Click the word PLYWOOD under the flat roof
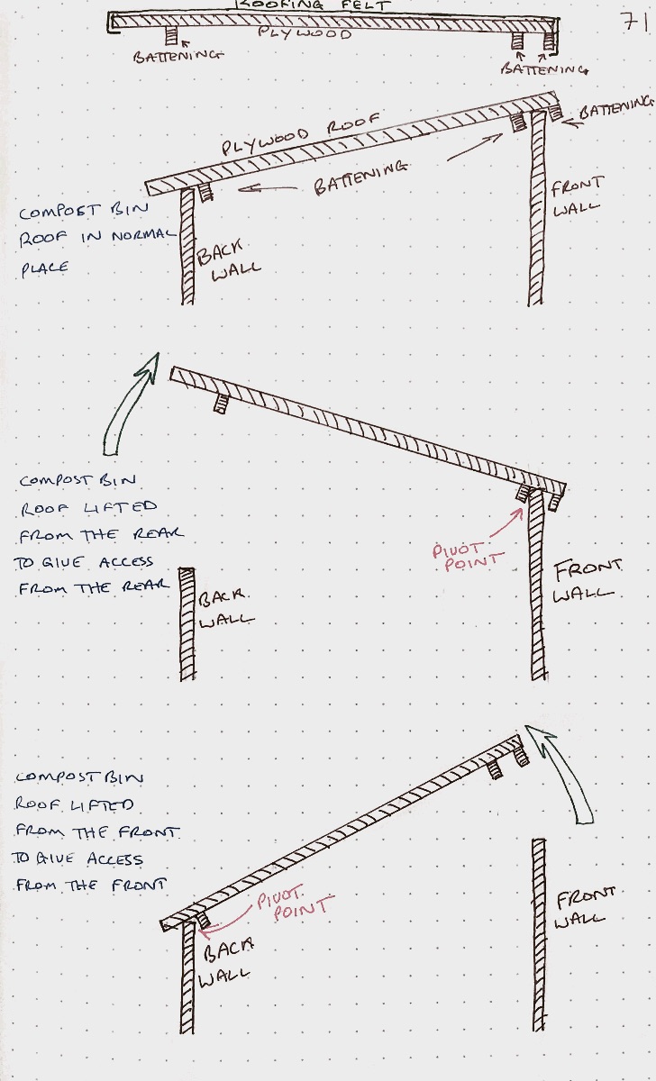point(304,33)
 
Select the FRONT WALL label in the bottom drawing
point(586,907)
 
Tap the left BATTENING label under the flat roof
point(178,55)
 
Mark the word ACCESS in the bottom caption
point(114,858)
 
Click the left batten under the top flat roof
point(172,37)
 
